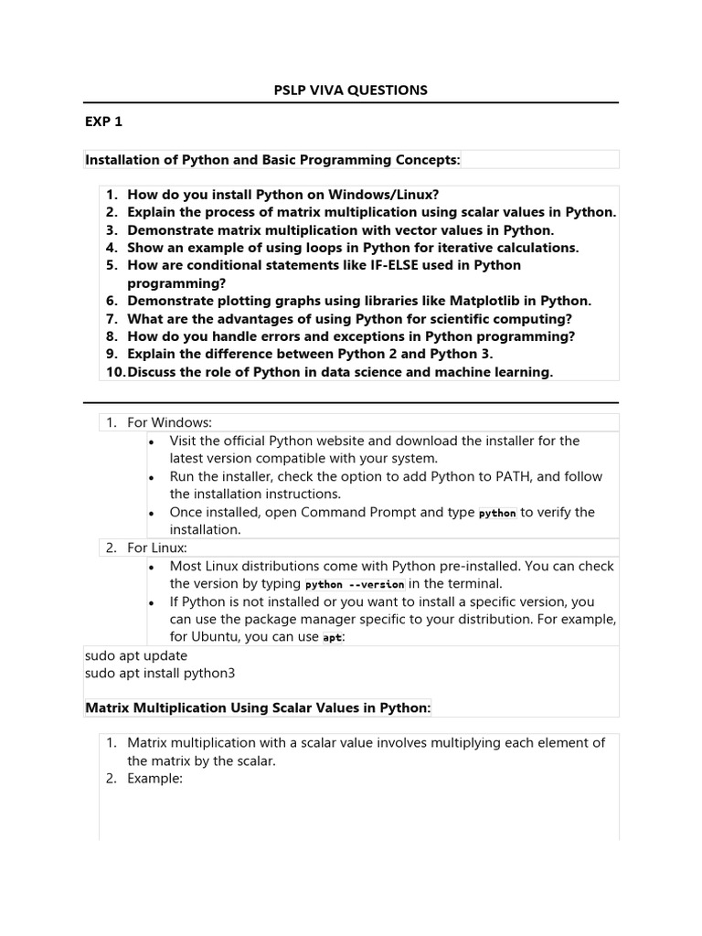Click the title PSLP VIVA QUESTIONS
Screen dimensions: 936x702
[351, 90]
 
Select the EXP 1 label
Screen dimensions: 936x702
[103, 122]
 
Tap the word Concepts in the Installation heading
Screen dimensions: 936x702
[428, 160]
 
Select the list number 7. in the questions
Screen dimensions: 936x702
[112, 319]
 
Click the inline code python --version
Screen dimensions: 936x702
[355, 584]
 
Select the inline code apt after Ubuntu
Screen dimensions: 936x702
[333, 637]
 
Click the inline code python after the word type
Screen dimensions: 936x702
[497, 513]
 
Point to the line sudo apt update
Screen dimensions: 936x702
[136, 655]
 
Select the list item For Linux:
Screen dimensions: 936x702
[156, 548]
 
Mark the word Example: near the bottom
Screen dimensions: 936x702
[156, 779]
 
